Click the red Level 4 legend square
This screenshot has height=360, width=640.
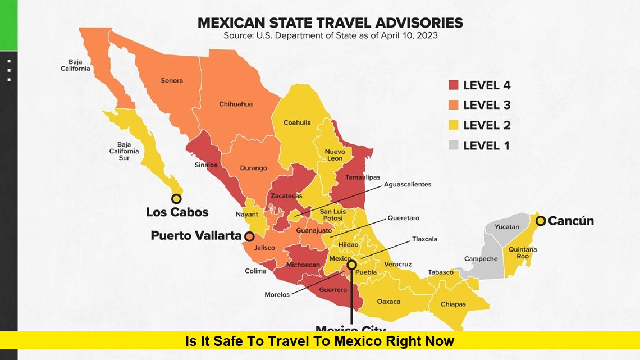pos(454,85)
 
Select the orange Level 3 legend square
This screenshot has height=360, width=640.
pos(454,105)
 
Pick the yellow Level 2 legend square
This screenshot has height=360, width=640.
pos(454,125)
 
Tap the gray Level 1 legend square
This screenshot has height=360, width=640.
pos(454,145)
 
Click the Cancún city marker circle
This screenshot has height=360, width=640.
pos(541,221)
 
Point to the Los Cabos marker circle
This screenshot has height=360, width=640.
pos(176,198)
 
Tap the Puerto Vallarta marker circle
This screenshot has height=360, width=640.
pos(249,236)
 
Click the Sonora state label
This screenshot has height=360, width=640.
pos(172,81)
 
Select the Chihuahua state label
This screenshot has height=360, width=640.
pos(236,104)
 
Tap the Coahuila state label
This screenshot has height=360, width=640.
pos(297,123)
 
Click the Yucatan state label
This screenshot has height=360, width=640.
pos(507,227)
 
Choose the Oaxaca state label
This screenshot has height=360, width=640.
pos(388,302)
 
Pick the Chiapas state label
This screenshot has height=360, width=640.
pos(453,304)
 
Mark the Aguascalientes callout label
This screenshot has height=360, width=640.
pos(408,184)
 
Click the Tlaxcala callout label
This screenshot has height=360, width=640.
pos(424,239)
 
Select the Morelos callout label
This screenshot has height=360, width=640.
pos(277,294)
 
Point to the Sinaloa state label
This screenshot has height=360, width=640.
pos(206,165)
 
